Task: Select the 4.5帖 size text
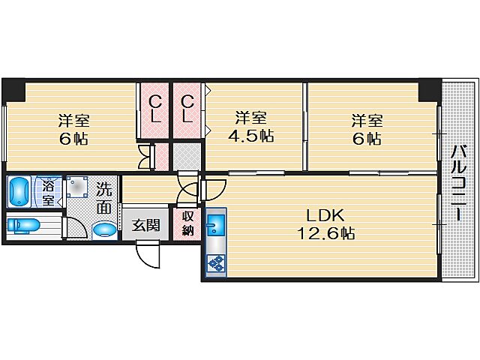coord(250,136)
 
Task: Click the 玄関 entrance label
coord(146,224)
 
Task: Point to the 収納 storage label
coord(187,223)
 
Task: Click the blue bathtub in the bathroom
coord(19,191)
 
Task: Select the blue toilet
coord(25,225)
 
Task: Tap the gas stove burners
coord(215,262)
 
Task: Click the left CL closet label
coord(154,109)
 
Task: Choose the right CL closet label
coord(188,109)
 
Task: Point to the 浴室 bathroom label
coord(48,192)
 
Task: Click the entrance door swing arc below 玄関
coord(150,255)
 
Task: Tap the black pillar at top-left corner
coord(13,91)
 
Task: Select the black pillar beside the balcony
coord(429,91)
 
